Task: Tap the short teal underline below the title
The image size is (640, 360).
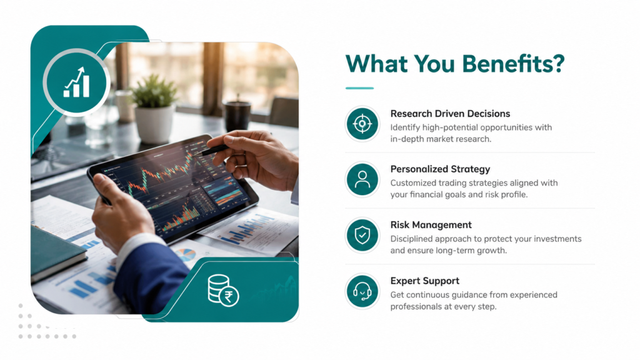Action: [359, 87]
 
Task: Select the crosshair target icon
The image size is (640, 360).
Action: [362, 124]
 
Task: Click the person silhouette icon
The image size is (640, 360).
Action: [362, 179]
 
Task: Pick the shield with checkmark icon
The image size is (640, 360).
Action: [362, 236]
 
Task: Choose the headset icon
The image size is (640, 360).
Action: [362, 291]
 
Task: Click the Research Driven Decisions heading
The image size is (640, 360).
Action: [450, 114]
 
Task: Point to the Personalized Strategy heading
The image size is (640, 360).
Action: [440, 169]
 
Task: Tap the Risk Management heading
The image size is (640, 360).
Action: [431, 225]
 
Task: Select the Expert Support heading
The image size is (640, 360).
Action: [425, 281]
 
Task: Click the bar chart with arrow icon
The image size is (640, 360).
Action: [76, 82]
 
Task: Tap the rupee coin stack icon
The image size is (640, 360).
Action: [223, 290]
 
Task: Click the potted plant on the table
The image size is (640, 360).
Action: [154, 109]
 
